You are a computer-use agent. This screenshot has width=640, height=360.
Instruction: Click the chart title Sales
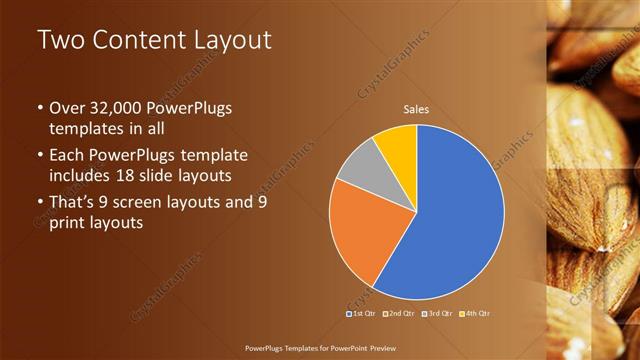(416, 109)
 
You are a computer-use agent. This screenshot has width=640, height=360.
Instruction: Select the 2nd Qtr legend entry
(398, 313)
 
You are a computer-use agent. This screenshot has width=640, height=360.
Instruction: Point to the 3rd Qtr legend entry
(437, 313)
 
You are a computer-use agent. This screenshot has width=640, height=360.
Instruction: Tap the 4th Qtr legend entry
(474, 313)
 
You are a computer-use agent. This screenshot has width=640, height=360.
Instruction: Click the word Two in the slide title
(59, 42)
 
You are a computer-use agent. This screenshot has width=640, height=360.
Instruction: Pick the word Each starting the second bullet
(67, 155)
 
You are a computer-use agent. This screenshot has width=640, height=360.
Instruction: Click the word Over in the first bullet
(67, 108)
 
